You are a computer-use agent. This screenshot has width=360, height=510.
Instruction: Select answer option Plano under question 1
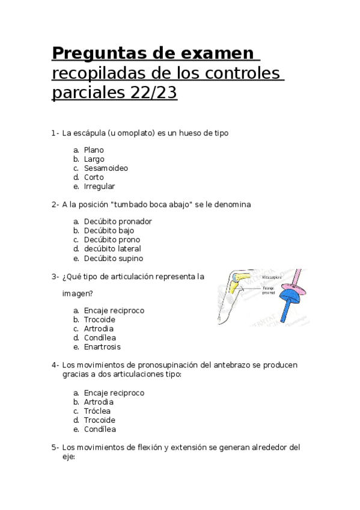(94, 150)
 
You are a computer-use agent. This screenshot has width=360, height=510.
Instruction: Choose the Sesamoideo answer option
(106, 168)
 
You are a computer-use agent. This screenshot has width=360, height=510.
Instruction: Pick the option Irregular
(99, 186)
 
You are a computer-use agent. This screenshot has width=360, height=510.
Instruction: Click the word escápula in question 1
(91, 132)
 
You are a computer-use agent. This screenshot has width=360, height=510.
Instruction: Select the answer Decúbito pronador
(118, 221)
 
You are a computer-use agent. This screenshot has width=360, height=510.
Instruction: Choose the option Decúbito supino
(114, 259)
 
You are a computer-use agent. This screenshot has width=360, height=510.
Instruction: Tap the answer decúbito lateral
(112, 248)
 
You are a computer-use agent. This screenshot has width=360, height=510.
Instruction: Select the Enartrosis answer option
(102, 347)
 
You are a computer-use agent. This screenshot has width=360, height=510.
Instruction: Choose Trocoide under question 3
(99, 319)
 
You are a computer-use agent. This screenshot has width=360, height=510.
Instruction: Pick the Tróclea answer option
(97, 411)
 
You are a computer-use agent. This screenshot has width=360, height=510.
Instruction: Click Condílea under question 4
(100, 429)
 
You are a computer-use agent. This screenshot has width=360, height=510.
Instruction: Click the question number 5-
(55, 447)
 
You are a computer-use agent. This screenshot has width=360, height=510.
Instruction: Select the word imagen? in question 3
(78, 294)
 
